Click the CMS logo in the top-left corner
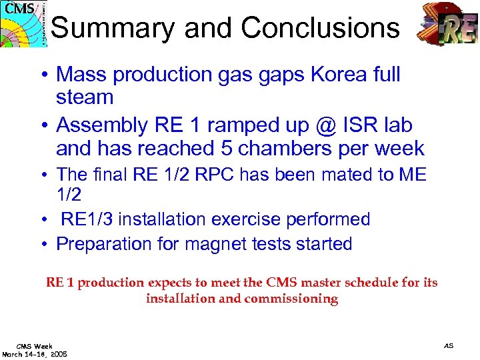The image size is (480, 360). pos(24,23)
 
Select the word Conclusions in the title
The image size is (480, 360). pos(320,28)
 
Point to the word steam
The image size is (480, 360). pos(85,97)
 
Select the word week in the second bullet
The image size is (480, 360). pos(398,148)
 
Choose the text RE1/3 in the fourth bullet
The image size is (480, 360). pos(90,219)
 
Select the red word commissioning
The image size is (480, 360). pos(291,299)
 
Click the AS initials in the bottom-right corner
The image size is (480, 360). pos(449,345)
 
